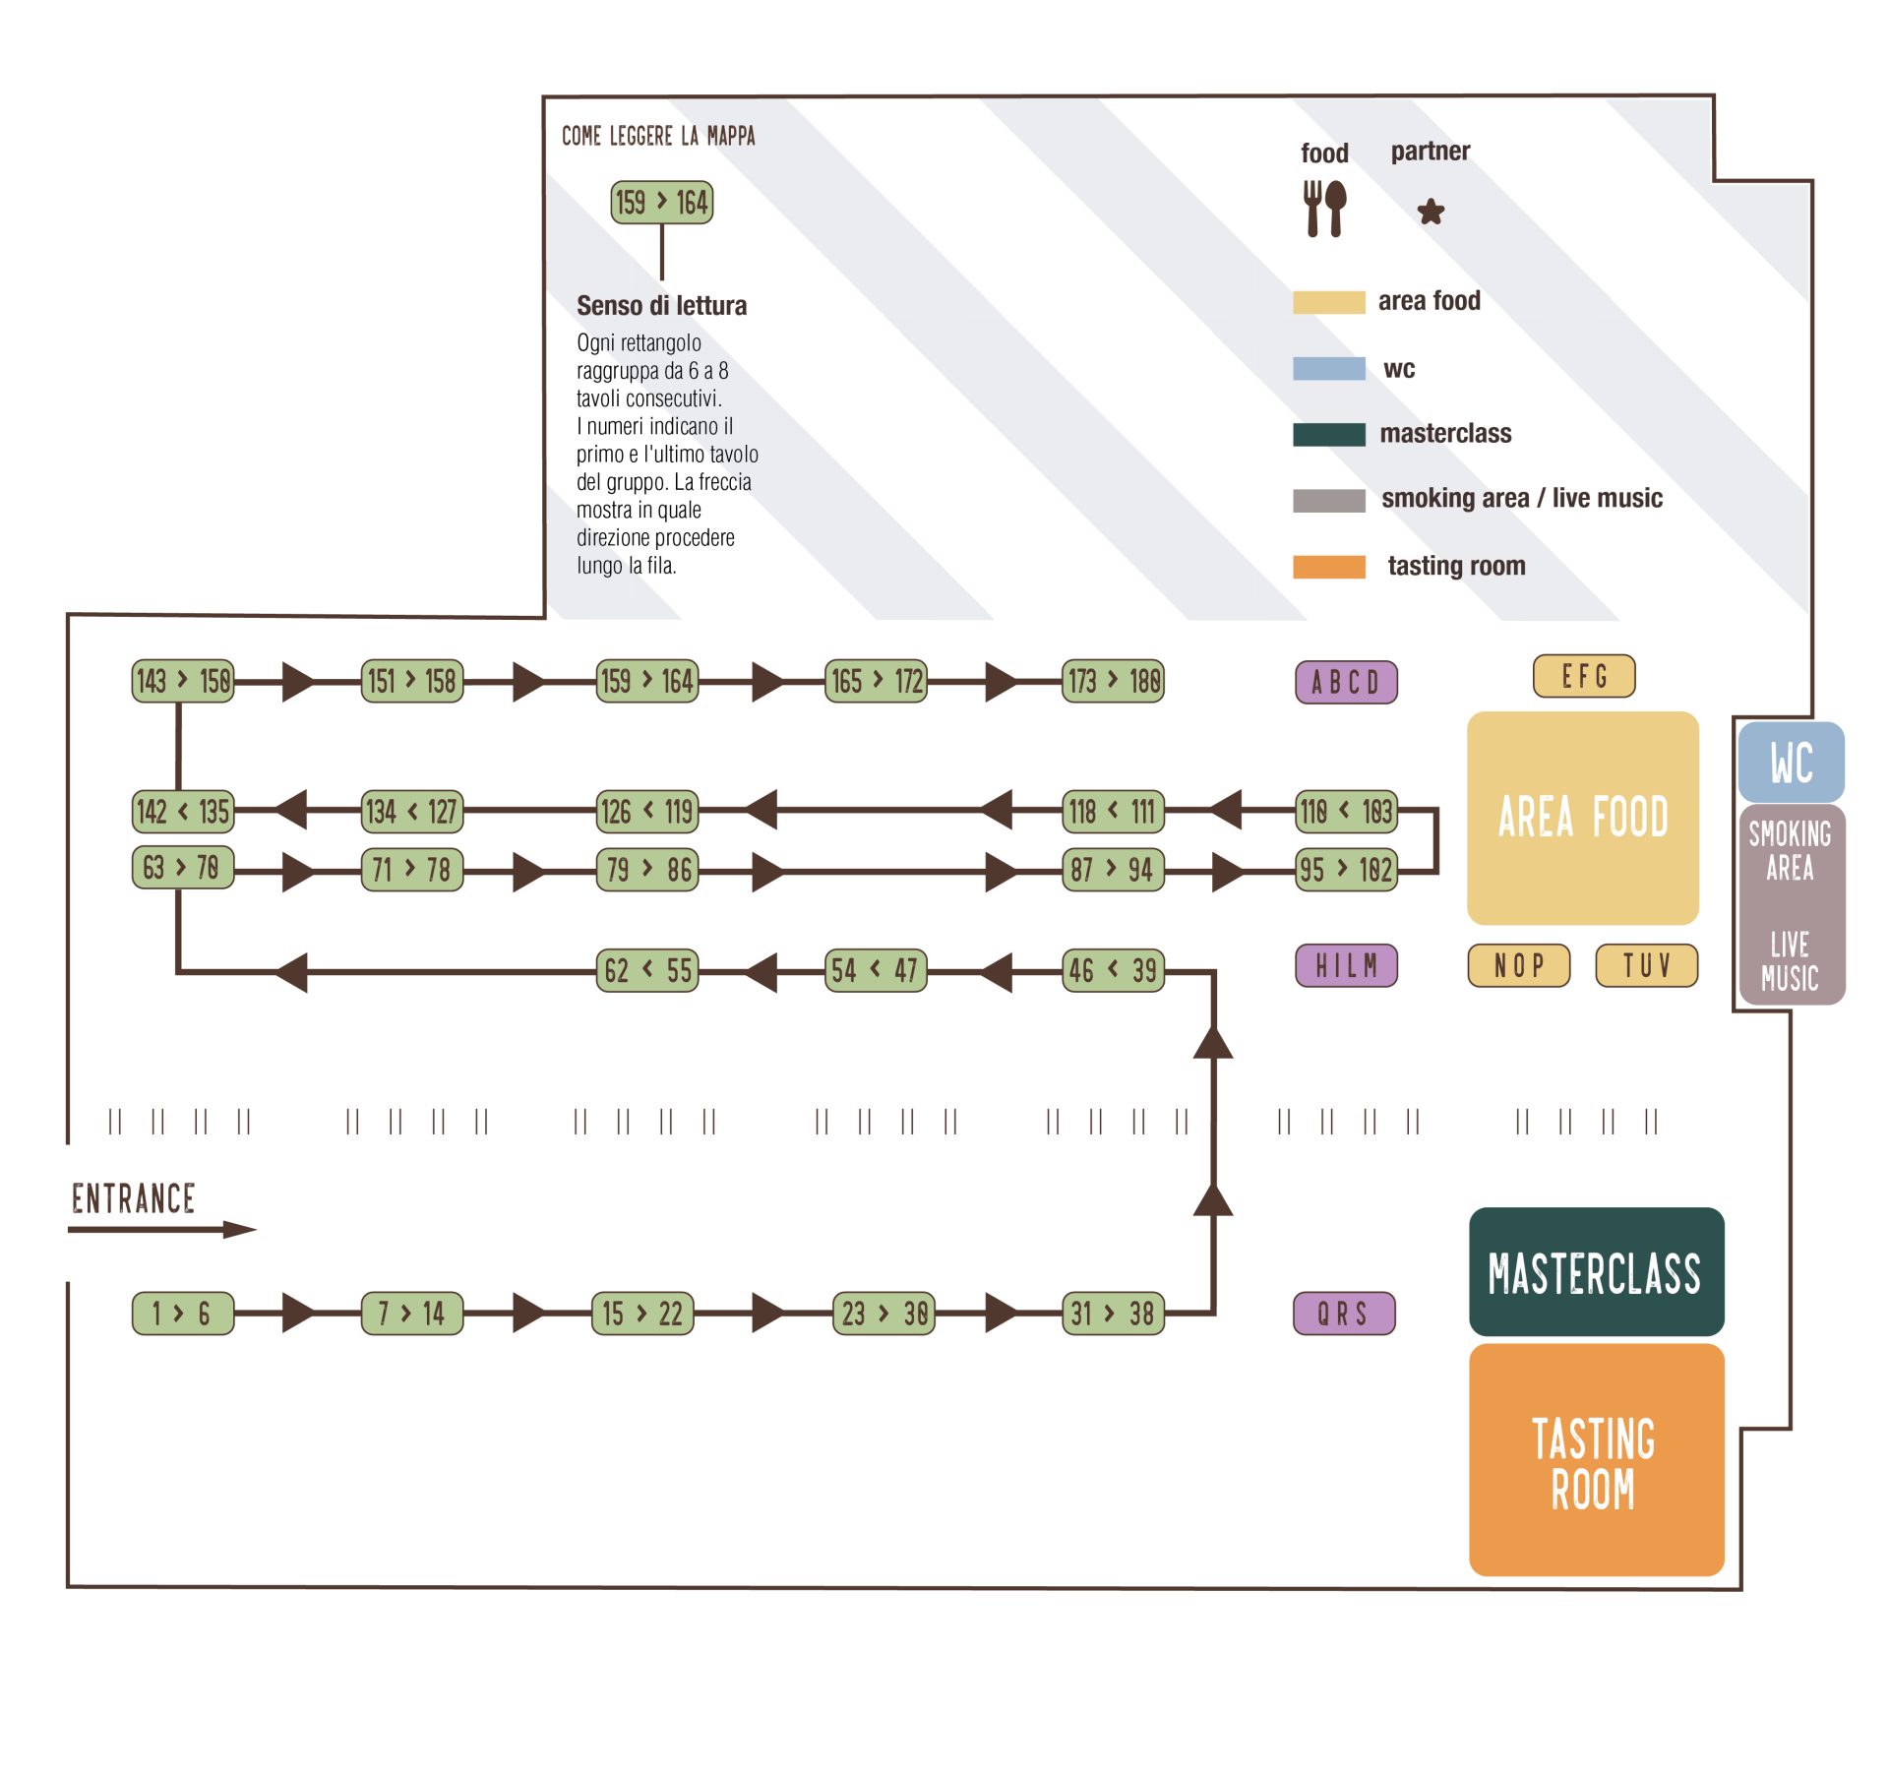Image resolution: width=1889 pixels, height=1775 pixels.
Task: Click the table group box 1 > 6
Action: (x=183, y=1313)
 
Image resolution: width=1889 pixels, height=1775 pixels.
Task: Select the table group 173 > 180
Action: (x=1113, y=680)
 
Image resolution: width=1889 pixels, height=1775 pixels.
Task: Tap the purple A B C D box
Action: (x=1345, y=682)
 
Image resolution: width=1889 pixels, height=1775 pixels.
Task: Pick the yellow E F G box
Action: (x=1583, y=676)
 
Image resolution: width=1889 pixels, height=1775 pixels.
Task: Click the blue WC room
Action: (x=1790, y=763)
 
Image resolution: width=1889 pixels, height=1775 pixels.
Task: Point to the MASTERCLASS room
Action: (x=1595, y=1271)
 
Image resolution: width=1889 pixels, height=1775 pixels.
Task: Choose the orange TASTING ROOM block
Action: (x=1595, y=1460)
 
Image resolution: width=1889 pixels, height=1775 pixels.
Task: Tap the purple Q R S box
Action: (x=1343, y=1313)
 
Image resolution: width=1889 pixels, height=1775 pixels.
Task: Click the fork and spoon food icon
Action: (x=1324, y=208)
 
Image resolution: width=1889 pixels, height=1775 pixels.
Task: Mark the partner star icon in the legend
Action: (x=1431, y=211)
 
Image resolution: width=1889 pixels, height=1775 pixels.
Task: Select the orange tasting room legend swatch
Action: (x=1328, y=567)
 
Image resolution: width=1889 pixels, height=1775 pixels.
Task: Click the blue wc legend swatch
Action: (x=1328, y=369)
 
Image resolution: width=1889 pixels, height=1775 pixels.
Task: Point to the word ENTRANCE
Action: (x=134, y=1198)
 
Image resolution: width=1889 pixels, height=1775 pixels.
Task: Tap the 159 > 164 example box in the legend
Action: (x=661, y=203)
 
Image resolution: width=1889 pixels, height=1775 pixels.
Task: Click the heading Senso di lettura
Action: (x=661, y=305)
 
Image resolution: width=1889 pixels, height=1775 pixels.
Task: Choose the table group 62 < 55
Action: (x=647, y=970)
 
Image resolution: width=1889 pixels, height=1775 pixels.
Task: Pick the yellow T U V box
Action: (x=1646, y=965)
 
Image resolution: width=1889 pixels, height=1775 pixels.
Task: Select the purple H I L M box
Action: (x=1345, y=965)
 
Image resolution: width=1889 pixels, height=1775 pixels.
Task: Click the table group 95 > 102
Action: (x=1345, y=870)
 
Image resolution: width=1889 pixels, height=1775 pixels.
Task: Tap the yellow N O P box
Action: (x=1518, y=965)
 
